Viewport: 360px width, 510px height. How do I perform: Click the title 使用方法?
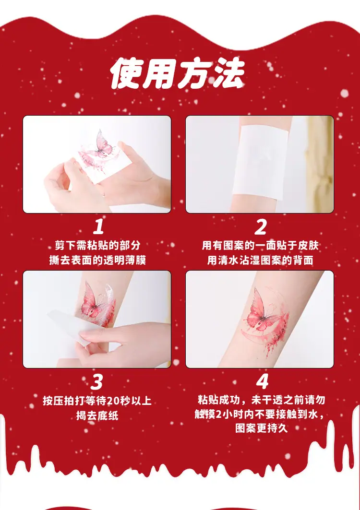click(178, 74)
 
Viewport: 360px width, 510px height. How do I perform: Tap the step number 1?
click(98, 227)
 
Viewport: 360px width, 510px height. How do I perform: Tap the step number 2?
click(260, 227)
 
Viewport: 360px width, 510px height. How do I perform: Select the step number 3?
click(96, 382)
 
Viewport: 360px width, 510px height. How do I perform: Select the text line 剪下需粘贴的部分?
click(97, 245)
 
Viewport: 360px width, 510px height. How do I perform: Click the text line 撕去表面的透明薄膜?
click(97, 260)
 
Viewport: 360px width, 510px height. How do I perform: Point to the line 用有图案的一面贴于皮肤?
click(260, 245)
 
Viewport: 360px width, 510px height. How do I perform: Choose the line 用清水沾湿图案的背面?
click(260, 260)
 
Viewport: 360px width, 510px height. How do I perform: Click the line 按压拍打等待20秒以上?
click(97, 401)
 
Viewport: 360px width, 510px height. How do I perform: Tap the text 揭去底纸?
click(97, 415)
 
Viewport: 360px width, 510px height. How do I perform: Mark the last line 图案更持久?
click(262, 428)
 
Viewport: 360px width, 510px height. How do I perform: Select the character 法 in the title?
click(228, 74)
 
